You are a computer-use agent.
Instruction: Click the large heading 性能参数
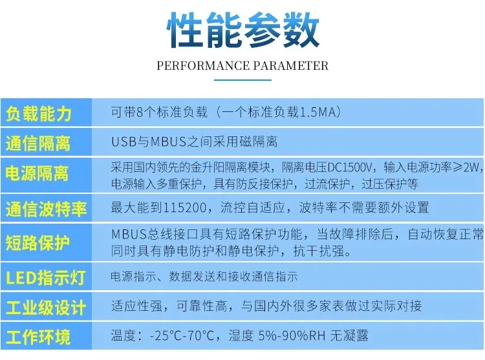tap(243, 30)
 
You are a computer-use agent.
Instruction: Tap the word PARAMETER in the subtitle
tap(291, 66)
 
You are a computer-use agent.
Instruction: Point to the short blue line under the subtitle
tap(242, 80)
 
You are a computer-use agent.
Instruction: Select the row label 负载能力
tap(39, 113)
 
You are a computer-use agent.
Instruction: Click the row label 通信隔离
tap(38, 143)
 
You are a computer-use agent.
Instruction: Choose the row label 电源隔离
tap(37, 173)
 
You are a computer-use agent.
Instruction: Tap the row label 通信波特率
tap(46, 209)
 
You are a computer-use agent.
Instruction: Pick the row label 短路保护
tap(38, 242)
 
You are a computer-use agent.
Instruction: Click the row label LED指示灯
tap(45, 277)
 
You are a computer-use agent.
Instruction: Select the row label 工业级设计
tap(46, 308)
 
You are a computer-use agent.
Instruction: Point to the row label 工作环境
tap(38, 337)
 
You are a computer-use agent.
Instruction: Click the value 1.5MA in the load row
tap(318, 112)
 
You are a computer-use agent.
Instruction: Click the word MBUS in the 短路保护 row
tap(129, 234)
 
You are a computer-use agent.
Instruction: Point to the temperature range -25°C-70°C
tap(182, 335)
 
